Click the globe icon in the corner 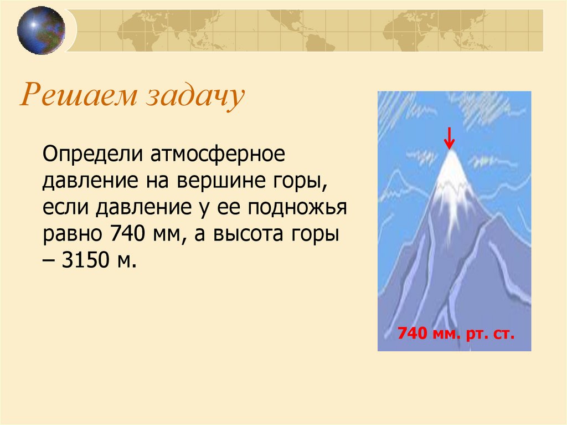(41, 30)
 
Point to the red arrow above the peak (449, 138)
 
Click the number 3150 (85, 259)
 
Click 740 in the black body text (127, 233)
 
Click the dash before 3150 (49, 260)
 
